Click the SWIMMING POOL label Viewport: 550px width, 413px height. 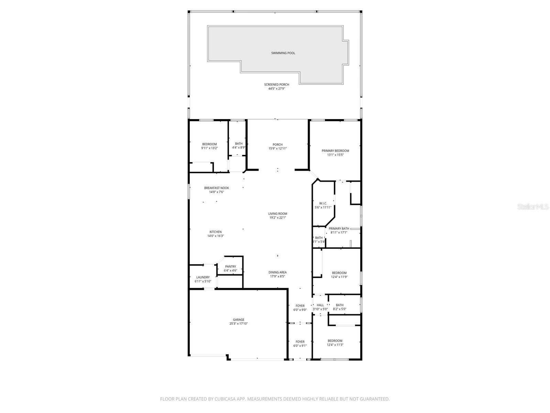tap(283, 53)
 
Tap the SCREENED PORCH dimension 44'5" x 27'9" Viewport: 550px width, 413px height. tap(277, 89)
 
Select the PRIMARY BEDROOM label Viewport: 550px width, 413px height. tap(335, 151)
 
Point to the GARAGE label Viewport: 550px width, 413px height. tap(239, 320)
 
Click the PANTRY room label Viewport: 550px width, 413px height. tap(231, 267)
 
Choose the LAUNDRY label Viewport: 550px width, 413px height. tap(203, 277)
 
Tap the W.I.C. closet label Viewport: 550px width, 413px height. tap(323, 203)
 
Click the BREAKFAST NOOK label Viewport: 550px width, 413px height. tap(217, 188)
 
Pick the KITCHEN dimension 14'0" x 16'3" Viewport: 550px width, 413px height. tap(216, 236)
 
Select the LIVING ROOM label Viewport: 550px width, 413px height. tap(278, 214)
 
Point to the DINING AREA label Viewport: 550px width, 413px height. tap(277, 272)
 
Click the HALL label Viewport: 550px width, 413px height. tap(320, 305)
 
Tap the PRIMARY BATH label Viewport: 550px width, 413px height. tap(339, 229)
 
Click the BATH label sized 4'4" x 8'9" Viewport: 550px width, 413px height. tap(239, 144)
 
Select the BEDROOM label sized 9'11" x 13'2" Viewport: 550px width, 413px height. tap(209, 144)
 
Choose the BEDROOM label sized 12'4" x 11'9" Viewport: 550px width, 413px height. tap(339, 273)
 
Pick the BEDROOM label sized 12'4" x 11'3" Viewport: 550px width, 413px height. tap(335, 341)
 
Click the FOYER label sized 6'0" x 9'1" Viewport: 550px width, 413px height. tap(300, 342)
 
